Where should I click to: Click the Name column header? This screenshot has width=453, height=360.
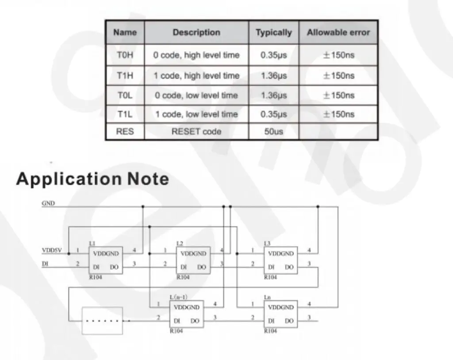coord(125,32)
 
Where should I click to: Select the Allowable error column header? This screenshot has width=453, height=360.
coord(338,32)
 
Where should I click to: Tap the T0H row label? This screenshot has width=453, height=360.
coord(125,55)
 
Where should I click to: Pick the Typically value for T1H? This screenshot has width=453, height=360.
coord(273,76)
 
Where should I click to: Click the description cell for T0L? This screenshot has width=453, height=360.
coord(196,96)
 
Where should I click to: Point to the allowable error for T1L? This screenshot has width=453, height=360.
coord(338,114)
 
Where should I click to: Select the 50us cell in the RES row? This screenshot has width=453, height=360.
coord(273,131)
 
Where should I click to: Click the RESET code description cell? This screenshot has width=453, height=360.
coord(196,131)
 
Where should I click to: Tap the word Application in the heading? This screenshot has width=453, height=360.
coord(69,179)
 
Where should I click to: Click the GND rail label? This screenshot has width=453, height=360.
coord(48,203)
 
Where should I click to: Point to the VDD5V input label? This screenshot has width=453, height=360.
coord(52,250)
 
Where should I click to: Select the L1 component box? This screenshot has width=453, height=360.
coord(105,260)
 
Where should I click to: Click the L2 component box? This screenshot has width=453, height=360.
coord(193,260)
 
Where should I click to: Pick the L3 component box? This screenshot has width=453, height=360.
coord(281,260)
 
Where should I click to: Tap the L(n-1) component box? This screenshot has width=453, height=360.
coord(187,314)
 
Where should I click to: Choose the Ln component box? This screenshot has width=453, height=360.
coord(281,314)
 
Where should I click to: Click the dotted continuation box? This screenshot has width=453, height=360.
coord(102,321)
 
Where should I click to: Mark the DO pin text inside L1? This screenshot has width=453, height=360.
coord(114,267)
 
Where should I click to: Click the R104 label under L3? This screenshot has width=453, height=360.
coord(270,277)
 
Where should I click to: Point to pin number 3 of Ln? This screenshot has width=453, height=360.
coord(309,317)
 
